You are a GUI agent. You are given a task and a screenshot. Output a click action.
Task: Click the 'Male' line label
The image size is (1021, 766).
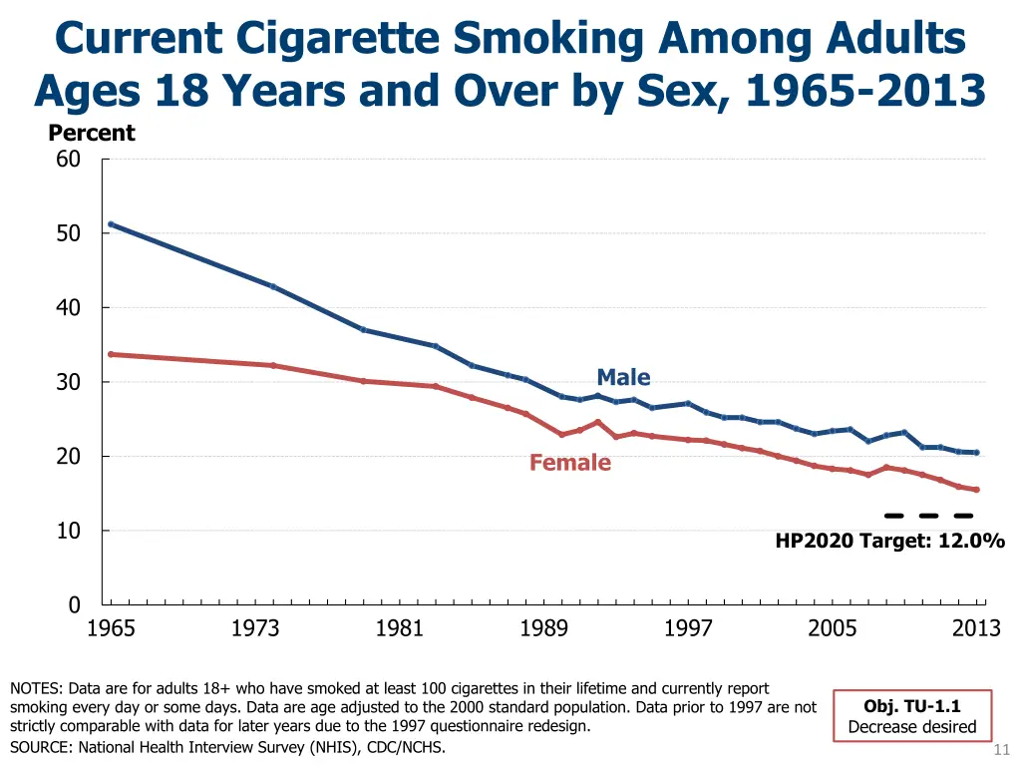tap(623, 377)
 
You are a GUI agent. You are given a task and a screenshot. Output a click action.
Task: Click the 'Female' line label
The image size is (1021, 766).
tap(569, 463)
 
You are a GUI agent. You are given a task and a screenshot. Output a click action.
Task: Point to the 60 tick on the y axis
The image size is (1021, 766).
tap(68, 159)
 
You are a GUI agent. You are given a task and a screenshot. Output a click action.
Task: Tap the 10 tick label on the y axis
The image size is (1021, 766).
tap(68, 531)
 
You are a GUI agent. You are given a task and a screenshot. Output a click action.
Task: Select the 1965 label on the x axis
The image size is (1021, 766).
tap(111, 627)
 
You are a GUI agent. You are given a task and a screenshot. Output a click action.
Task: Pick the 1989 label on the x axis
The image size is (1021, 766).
tap(543, 627)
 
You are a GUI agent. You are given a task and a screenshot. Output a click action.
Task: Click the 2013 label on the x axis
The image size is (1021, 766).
tap(976, 627)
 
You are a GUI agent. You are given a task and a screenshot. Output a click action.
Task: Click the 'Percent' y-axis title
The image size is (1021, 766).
tap(92, 133)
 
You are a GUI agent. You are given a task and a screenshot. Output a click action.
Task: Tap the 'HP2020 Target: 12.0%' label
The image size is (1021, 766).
tap(889, 541)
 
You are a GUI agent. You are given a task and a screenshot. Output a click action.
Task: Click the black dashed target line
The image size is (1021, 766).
tap(928, 516)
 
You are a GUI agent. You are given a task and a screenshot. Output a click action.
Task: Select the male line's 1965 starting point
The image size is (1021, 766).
tap(111, 224)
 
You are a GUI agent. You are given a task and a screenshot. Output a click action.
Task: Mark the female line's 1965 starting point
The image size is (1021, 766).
tap(111, 354)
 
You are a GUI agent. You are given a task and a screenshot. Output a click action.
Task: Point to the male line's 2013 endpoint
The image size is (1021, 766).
tap(976, 453)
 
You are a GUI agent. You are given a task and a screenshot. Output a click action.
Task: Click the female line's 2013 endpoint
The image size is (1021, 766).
tap(976, 490)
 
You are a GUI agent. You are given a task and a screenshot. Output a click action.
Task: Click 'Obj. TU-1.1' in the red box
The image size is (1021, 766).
tap(911, 706)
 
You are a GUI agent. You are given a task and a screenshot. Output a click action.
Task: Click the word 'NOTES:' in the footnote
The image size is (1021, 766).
tap(36, 688)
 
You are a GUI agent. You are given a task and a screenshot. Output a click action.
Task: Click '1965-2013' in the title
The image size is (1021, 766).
tap(864, 91)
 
